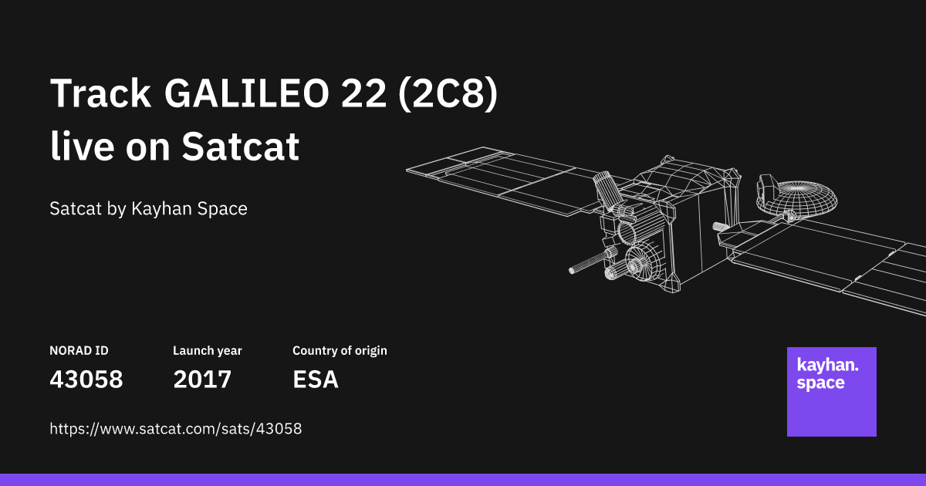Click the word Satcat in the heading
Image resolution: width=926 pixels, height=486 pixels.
coord(240,146)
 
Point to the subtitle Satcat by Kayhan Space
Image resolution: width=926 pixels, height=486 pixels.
coord(148,208)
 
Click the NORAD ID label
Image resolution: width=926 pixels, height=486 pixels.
coord(79,351)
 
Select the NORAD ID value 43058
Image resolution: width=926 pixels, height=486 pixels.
coord(86,380)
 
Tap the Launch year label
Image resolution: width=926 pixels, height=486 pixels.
coord(207,351)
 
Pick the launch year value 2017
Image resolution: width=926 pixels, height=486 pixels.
coord(202,380)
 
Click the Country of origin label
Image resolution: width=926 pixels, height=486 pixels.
coord(340,351)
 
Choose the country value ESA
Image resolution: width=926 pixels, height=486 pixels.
coord(315,380)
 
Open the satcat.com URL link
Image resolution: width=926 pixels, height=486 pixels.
coord(175,429)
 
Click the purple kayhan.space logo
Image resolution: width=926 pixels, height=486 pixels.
coord(831,392)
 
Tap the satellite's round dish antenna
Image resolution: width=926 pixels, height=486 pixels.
coord(806,199)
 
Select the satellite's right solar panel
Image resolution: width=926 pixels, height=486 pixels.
coord(833,258)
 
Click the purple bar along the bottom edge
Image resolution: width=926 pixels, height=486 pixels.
coord(463,480)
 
